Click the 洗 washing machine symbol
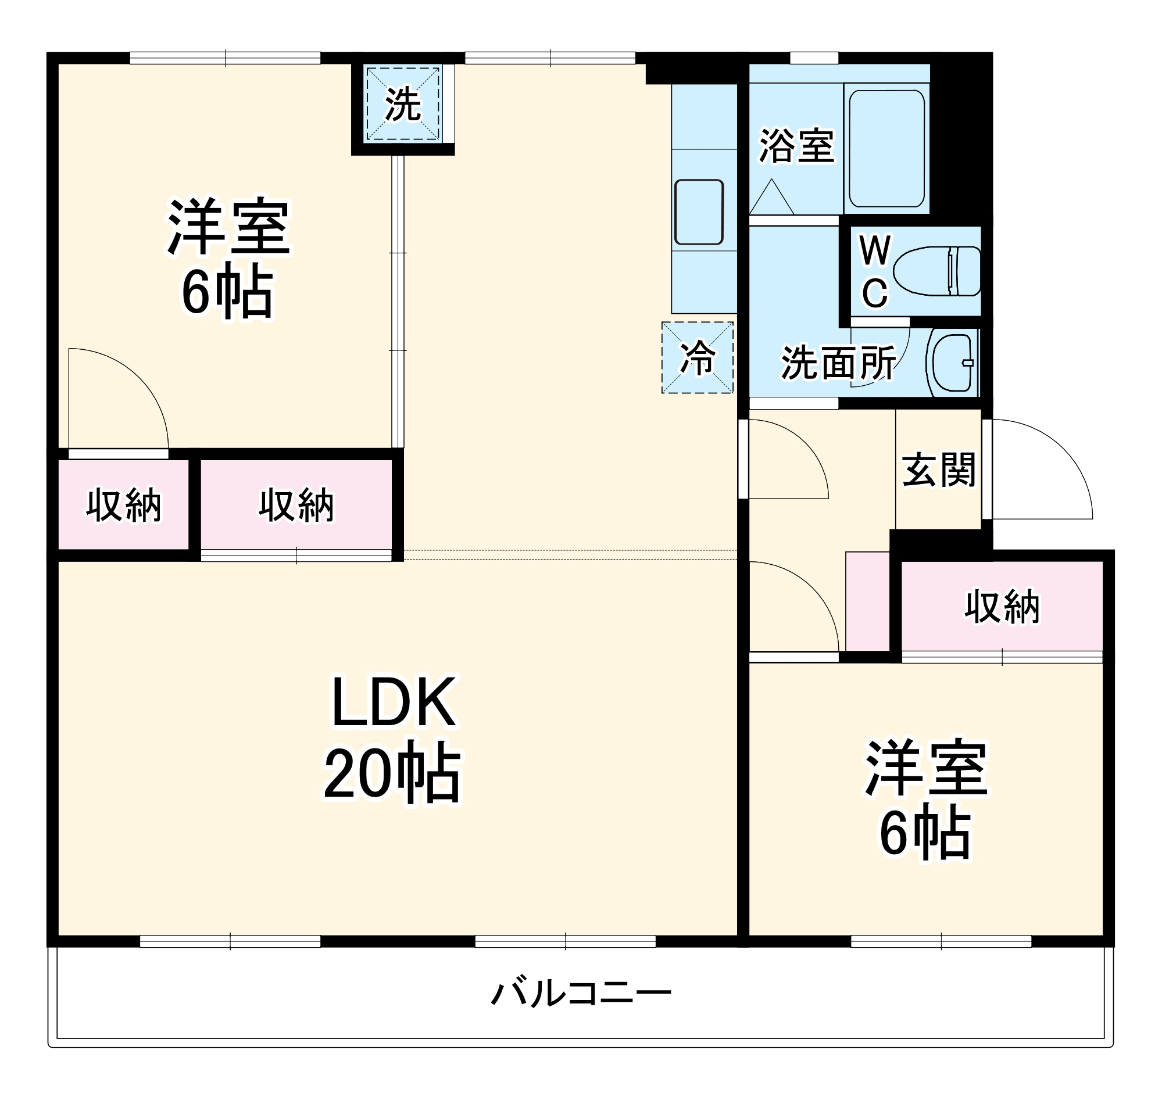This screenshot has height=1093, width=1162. click(x=403, y=104)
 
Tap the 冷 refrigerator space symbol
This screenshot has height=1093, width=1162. click(x=698, y=357)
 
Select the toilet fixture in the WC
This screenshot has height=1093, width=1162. click(x=937, y=271)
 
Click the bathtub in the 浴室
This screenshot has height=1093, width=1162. click(x=886, y=148)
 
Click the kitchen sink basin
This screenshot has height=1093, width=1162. click(x=699, y=212)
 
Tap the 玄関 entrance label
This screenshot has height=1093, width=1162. click(x=939, y=470)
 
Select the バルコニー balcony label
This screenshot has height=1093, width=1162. click(x=581, y=993)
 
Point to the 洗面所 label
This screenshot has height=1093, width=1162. click(x=838, y=363)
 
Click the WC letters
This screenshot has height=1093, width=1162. click(x=874, y=271)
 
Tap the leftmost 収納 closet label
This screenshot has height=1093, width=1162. click(x=123, y=506)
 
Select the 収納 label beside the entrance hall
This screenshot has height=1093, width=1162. click(x=1002, y=607)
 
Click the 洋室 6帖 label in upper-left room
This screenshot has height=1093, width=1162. click(x=228, y=258)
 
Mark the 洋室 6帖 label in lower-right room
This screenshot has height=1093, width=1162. click(x=926, y=799)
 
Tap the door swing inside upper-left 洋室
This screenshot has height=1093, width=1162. click(x=123, y=397)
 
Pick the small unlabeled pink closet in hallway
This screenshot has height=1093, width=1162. click(x=867, y=601)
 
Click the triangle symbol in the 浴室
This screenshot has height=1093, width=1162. click(x=771, y=199)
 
